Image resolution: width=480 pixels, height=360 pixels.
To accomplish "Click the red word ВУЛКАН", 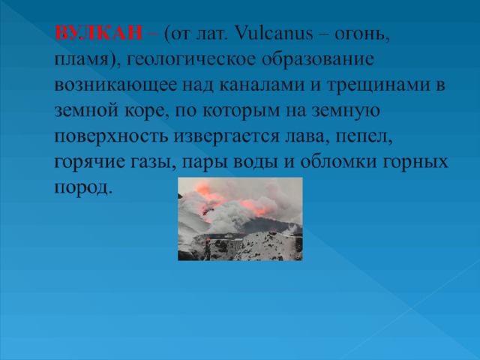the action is (98, 32).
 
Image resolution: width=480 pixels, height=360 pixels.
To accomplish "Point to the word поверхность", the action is (112, 137).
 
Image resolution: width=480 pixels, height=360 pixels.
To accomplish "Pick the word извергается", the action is (226, 137).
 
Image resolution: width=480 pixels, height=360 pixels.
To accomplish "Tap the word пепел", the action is (364, 136).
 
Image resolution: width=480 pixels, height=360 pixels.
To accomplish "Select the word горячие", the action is (90, 163).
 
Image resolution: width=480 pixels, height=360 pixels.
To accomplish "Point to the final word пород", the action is (82, 188).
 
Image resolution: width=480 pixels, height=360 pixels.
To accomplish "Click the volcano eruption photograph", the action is (240, 219).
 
